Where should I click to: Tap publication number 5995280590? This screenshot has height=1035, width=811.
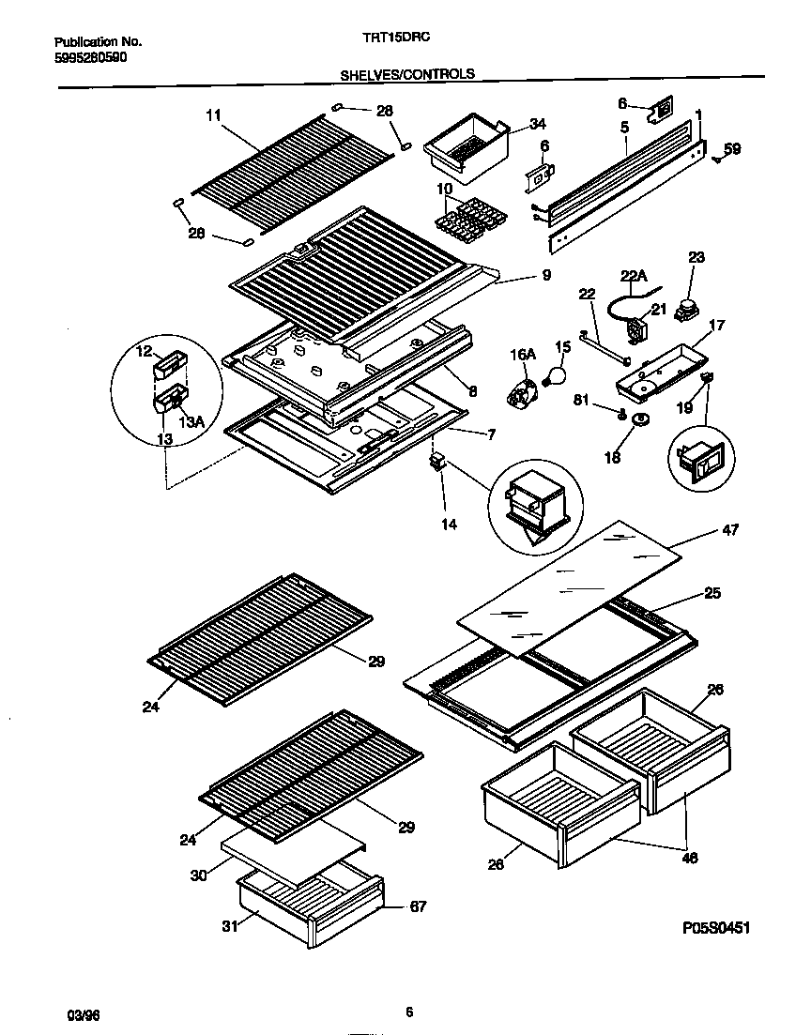(91, 56)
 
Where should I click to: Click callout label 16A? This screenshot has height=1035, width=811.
(523, 354)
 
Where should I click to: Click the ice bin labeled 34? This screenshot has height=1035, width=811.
(467, 146)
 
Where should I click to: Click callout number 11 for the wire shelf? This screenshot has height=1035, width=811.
(213, 115)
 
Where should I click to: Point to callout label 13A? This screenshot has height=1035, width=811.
(191, 422)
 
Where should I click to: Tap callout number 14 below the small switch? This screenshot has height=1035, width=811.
(449, 525)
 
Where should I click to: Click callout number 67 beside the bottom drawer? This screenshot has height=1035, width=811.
(418, 906)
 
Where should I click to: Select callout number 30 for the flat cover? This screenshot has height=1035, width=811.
(198, 875)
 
